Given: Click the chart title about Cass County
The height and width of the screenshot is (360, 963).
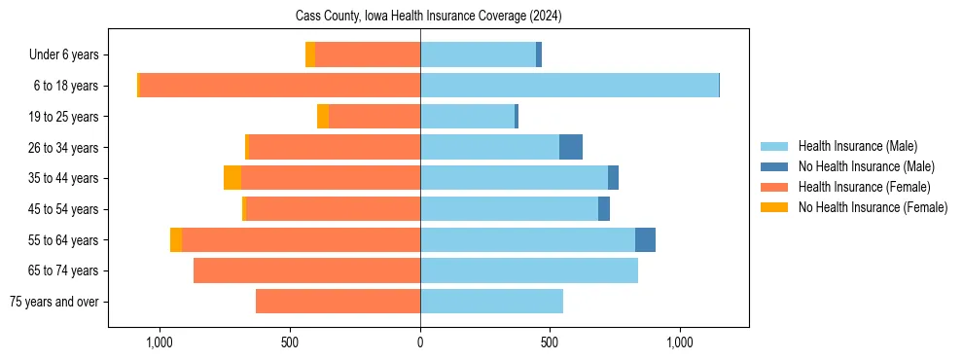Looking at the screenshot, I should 428,17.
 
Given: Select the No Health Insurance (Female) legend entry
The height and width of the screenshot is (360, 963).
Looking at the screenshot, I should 873,207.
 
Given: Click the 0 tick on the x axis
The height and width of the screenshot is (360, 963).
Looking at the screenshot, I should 420,342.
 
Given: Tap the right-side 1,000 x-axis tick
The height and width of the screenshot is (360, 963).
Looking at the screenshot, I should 679,342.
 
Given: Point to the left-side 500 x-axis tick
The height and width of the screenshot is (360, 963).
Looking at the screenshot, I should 290,342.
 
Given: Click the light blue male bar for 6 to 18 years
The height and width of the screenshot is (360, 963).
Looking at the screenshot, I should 569,86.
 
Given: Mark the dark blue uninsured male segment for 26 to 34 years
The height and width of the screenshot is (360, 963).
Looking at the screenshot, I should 571,147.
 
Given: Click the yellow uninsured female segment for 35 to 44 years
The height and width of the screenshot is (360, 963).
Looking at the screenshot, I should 232,178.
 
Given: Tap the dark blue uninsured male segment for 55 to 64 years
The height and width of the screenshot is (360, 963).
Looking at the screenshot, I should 645,239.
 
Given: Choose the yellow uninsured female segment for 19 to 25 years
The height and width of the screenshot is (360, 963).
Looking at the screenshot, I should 323,117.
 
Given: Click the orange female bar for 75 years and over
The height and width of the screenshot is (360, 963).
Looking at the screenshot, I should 338,302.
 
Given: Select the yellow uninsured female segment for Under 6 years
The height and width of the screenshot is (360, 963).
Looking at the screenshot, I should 310,55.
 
